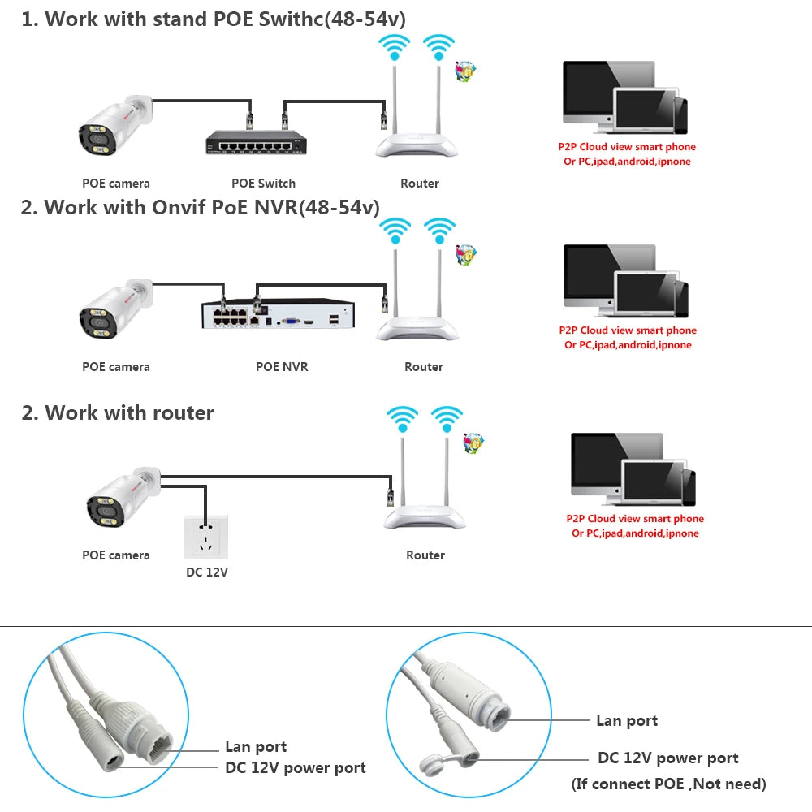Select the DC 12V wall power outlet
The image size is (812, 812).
(x=206, y=535)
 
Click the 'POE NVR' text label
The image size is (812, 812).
(x=282, y=367)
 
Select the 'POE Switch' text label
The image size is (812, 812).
(x=263, y=184)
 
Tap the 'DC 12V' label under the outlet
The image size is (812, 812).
(x=207, y=572)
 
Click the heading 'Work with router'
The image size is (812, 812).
(x=118, y=412)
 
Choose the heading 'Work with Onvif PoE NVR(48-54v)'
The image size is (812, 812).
(x=200, y=207)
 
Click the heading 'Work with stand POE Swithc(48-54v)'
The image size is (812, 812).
(x=213, y=19)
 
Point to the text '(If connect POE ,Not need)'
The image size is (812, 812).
(x=668, y=784)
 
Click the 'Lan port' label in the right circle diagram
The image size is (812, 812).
(x=626, y=720)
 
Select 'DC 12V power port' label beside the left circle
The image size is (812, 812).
(x=295, y=767)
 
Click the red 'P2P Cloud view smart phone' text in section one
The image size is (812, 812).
(x=626, y=147)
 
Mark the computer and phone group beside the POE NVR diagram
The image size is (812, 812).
(x=625, y=280)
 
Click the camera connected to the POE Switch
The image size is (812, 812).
(x=114, y=127)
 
